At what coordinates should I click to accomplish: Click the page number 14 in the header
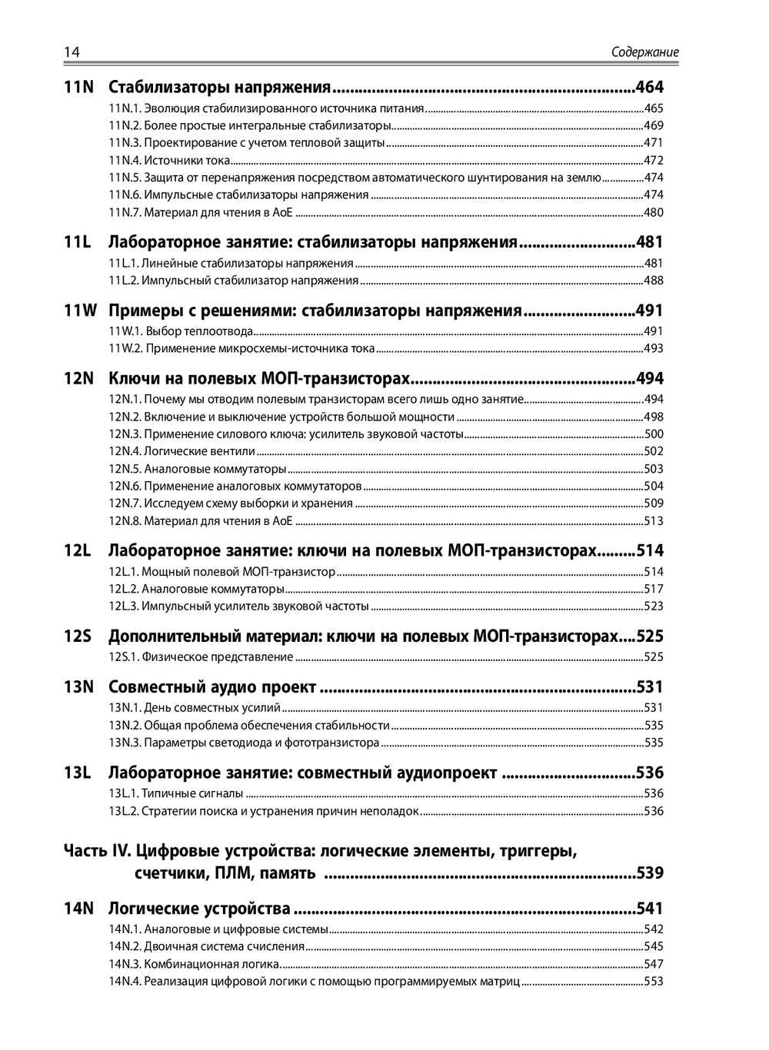(72, 52)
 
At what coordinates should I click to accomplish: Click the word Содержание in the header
(644, 53)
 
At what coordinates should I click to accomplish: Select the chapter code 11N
(78, 88)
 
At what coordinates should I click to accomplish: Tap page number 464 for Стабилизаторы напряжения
(649, 88)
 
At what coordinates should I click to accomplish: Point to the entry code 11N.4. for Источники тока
(125, 161)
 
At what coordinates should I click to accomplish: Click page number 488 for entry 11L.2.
(653, 281)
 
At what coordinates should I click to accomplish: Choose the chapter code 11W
(81, 311)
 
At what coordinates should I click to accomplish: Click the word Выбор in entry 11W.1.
(162, 332)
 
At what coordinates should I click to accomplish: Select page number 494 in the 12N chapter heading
(649, 379)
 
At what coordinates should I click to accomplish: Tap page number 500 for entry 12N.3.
(653, 434)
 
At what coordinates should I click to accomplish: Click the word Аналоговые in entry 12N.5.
(172, 469)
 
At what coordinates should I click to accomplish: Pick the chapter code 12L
(77, 551)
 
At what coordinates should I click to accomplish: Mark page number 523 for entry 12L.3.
(653, 606)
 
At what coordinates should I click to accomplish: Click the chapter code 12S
(77, 636)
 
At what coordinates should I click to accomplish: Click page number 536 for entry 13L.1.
(653, 794)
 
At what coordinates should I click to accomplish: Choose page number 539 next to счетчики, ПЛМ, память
(649, 873)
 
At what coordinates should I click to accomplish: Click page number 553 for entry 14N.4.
(653, 982)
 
